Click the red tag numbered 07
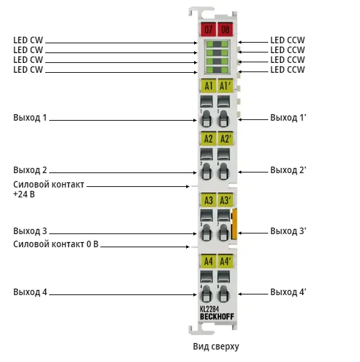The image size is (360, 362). tap(208, 30)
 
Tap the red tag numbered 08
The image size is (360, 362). tap(225, 30)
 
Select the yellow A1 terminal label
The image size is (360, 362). tap(208, 86)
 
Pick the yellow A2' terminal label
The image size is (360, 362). tap(225, 138)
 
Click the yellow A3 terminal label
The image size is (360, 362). tap(208, 200)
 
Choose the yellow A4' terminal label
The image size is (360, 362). tap(225, 261)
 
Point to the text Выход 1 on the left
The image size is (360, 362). tap(30, 117)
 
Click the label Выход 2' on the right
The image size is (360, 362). tap(288, 170)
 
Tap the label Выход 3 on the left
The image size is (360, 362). tap(30, 231)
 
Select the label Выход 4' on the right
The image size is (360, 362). tap(288, 292)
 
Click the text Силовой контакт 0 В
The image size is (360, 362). tap(56, 244)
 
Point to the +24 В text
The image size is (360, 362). tap(24, 194)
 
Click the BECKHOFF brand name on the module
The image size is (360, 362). tap(217, 317)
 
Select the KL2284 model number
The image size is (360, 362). tap(209, 309)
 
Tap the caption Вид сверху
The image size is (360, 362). tap(216, 346)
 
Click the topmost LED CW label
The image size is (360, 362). tap(28, 40)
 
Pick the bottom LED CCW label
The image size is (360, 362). tap(287, 70)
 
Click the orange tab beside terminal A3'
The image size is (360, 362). tap(234, 224)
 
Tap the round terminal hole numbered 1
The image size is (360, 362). tap(206, 119)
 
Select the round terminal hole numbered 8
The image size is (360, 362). tap(223, 294)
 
